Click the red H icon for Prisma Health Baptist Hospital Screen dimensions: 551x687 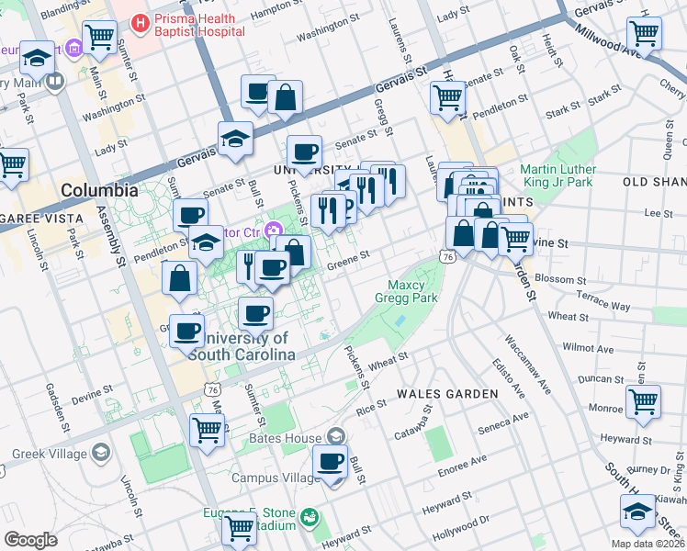tap(140, 20)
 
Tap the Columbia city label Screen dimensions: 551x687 tap(99, 191)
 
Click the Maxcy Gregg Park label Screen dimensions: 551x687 tap(404, 290)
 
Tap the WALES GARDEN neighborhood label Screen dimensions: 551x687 tap(447, 393)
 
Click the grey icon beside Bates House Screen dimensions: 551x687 tap(336, 436)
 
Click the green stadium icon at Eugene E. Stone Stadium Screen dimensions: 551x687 tap(311, 519)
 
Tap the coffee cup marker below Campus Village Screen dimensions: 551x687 tap(331, 463)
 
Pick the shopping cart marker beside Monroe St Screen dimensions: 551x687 tap(643, 401)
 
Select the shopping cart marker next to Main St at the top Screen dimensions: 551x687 tap(99, 38)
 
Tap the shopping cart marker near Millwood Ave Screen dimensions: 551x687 tap(645, 34)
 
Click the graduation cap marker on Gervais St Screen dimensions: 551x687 tap(236, 139)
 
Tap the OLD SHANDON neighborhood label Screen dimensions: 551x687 tap(654, 182)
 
